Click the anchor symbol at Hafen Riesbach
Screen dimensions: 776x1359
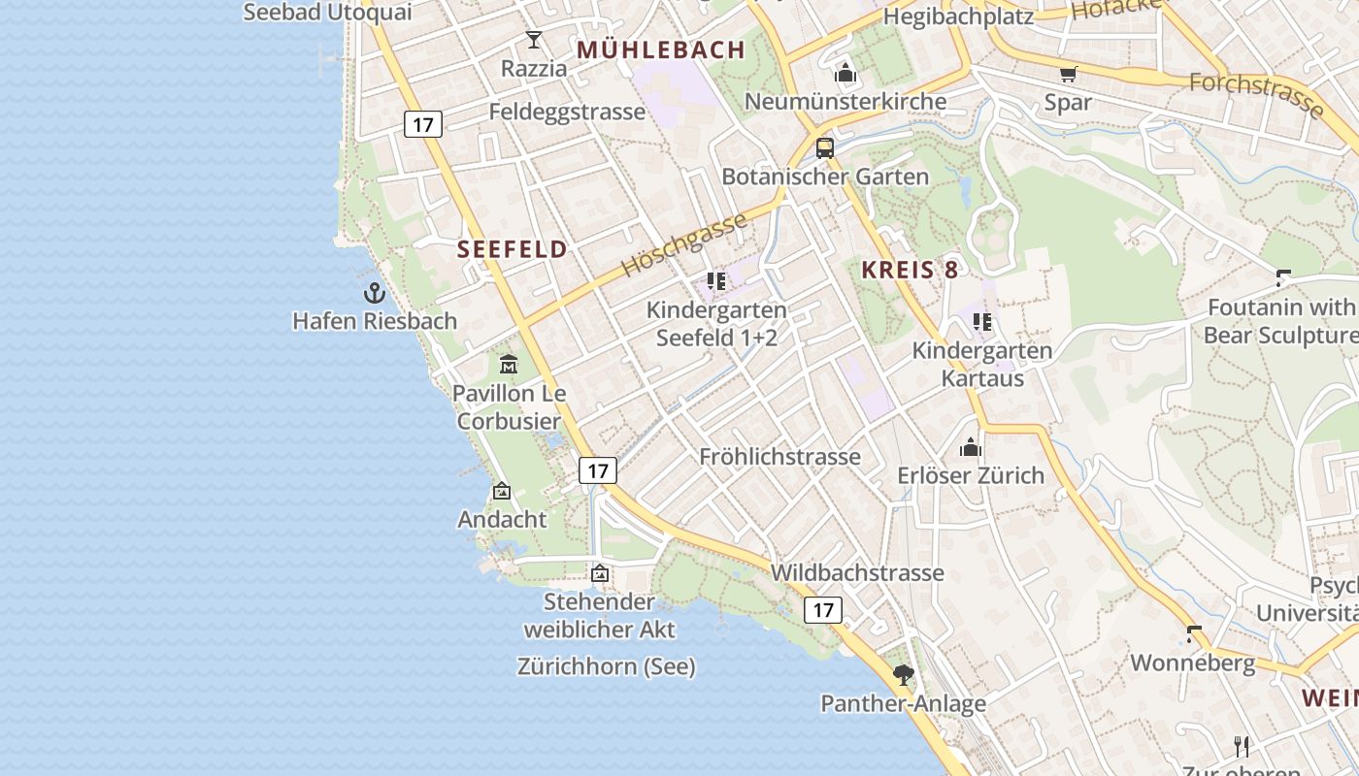(375, 292)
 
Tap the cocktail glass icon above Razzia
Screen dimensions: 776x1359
(534, 40)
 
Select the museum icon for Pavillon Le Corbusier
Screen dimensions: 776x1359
(509, 365)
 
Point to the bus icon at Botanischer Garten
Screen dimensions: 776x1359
(825, 148)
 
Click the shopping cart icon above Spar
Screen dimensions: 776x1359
(1069, 74)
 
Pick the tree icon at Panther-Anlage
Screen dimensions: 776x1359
(904, 674)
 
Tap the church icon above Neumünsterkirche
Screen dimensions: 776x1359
(845, 73)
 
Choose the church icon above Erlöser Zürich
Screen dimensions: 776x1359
(970, 447)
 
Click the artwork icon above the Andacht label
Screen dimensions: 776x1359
(502, 491)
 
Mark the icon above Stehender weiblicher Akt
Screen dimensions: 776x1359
(600, 573)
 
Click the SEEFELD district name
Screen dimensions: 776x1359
(513, 249)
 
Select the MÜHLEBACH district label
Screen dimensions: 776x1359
(661, 49)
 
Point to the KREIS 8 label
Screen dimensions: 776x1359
(910, 271)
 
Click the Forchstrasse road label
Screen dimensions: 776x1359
(1256, 95)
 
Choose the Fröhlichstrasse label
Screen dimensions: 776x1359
(779, 457)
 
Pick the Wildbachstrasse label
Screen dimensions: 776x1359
(857, 572)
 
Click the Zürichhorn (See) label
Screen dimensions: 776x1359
(607, 666)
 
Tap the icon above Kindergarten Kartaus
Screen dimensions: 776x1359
(982, 321)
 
